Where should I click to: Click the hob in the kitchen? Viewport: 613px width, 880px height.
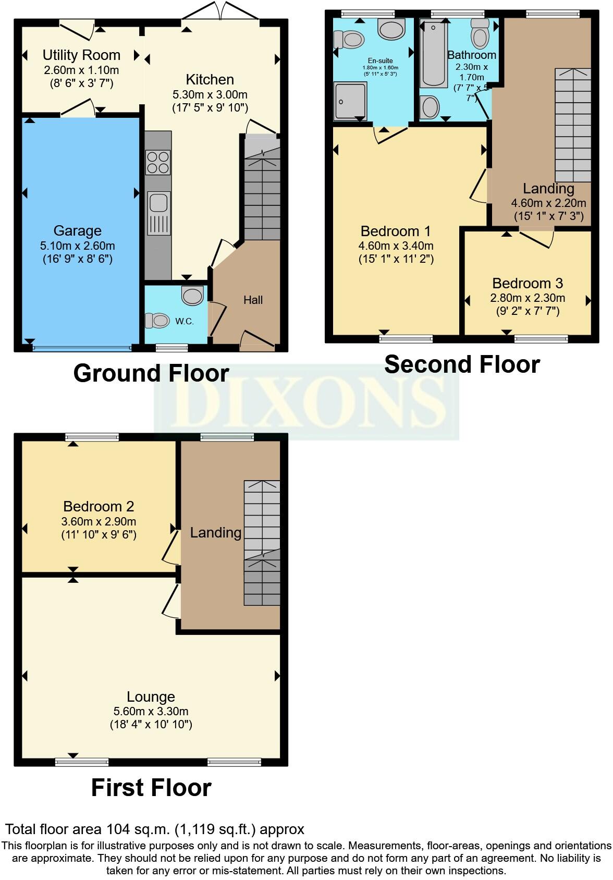pos(158,162)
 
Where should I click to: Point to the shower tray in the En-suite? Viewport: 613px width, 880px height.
pos(350,102)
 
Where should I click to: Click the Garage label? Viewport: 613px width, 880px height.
pos(78,231)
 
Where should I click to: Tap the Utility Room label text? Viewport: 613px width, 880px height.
pos(81,55)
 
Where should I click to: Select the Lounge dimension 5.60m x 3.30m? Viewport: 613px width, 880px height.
pos(151,711)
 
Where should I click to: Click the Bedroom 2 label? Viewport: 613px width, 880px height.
pos(99,506)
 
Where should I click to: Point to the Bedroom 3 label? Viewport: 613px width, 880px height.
pos(528,284)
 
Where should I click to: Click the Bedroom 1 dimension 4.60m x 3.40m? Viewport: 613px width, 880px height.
pos(396,246)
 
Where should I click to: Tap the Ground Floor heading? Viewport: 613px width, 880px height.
pos(151,373)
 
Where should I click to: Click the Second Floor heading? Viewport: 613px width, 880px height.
pos(462,364)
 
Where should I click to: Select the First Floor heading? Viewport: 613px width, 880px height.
pos(151,788)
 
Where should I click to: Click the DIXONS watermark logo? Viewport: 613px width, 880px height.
pos(307,402)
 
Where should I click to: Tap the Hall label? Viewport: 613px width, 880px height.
pos(253,300)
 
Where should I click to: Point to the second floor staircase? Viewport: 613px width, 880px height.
pos(573,125)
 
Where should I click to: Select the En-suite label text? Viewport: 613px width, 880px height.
pos(380,61)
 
